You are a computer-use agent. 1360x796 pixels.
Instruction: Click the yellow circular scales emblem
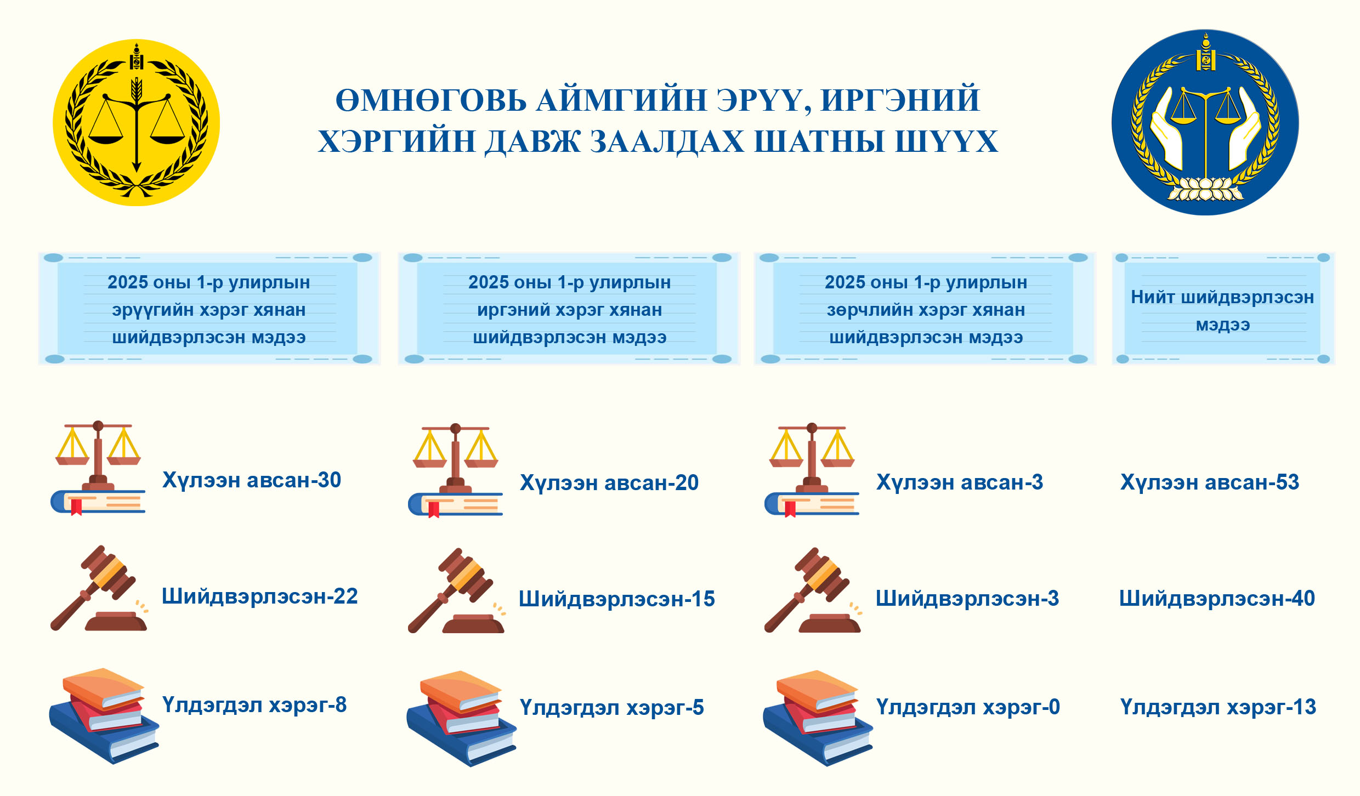click(137, 123)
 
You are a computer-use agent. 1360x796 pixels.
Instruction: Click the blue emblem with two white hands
click(1205, 122)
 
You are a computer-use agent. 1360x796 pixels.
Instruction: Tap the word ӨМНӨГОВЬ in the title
click(431, 101)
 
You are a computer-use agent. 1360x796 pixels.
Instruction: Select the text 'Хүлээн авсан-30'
click(252, 480)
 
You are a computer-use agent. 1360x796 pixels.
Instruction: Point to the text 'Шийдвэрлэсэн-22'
click(260, 596)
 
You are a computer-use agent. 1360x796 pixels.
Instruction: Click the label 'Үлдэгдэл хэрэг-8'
click(254, 705)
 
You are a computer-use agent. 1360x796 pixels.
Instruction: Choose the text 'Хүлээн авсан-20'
click(609, 483)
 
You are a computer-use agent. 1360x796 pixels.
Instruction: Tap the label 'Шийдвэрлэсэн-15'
click(617, 599)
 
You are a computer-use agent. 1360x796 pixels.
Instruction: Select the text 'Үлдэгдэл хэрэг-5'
click(612, 708)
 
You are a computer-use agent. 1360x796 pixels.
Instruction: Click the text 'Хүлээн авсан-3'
click(960, 482)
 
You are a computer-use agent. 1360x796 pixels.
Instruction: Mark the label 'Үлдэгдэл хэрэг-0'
click(968, 707)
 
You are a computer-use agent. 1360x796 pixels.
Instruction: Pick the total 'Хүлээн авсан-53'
click(1210, 482)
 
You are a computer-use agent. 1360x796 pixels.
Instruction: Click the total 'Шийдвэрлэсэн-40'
click(1217, 599)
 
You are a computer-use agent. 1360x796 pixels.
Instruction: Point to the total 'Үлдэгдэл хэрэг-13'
click(1218, 707)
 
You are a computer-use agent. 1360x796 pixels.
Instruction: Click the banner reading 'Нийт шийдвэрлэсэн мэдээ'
click(1223, 308)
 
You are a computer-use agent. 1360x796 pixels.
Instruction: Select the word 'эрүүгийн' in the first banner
click(152, 310)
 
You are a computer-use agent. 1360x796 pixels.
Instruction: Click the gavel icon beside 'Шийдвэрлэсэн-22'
click(99, 588)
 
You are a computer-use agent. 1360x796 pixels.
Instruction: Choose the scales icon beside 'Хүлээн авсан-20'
click(455, 470)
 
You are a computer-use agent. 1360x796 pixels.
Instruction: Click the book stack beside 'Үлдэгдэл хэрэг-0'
click(818, 718)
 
